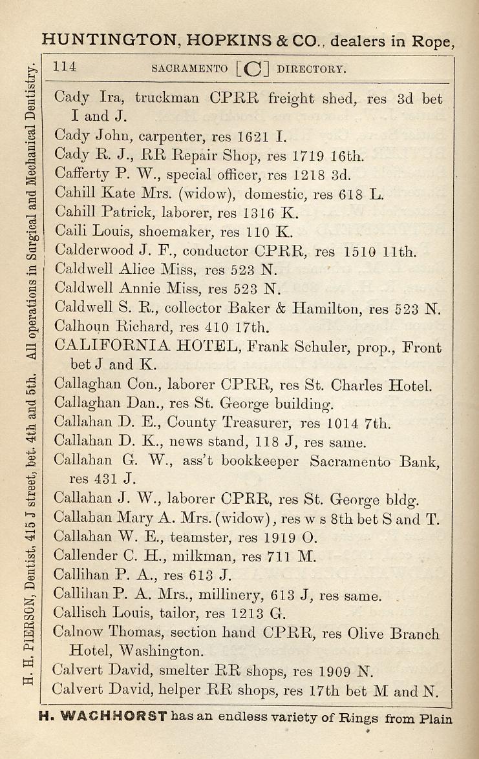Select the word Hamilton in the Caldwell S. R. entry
click(325, 308)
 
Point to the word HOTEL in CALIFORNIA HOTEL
click(209, 346)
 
